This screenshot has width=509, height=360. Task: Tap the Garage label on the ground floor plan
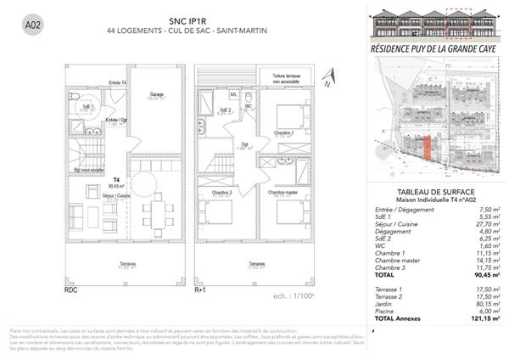tap(156, 94)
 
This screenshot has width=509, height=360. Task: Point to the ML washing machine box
tap(233, 94)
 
